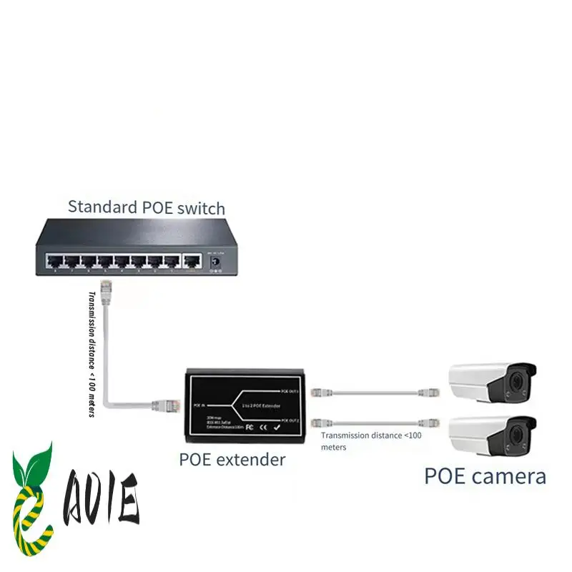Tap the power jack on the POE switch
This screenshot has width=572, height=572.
[x=212, y=262]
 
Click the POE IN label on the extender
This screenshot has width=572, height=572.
[x=199, y=405]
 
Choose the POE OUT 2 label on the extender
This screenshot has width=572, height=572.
[x=289, y=420]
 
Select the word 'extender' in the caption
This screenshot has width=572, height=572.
[x=250, y=459]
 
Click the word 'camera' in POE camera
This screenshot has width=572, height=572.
[x=509, y=476]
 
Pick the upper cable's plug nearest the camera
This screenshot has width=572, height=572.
[x=430, y=392]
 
